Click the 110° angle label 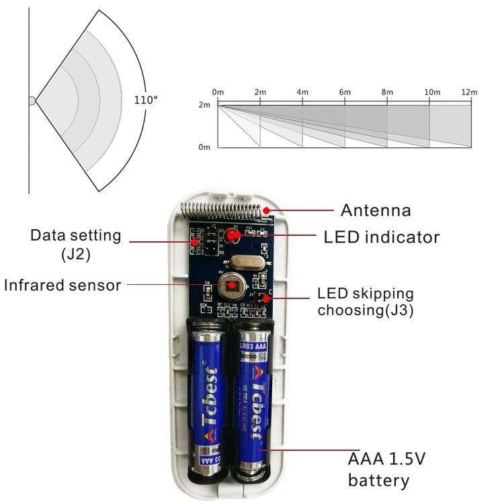(146, 99)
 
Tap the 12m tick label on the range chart (469, 92)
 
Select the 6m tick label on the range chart (345, 92)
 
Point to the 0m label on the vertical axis (204, 146)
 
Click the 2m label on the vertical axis (204, 106)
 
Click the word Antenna (375, 210)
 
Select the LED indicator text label (381, 237)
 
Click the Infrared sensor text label (62, 285)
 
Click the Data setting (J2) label (75, 244)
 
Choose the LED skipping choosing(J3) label (366, 302)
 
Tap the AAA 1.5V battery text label (386, 470)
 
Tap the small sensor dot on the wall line (32, 101)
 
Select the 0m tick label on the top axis (218, 92)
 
